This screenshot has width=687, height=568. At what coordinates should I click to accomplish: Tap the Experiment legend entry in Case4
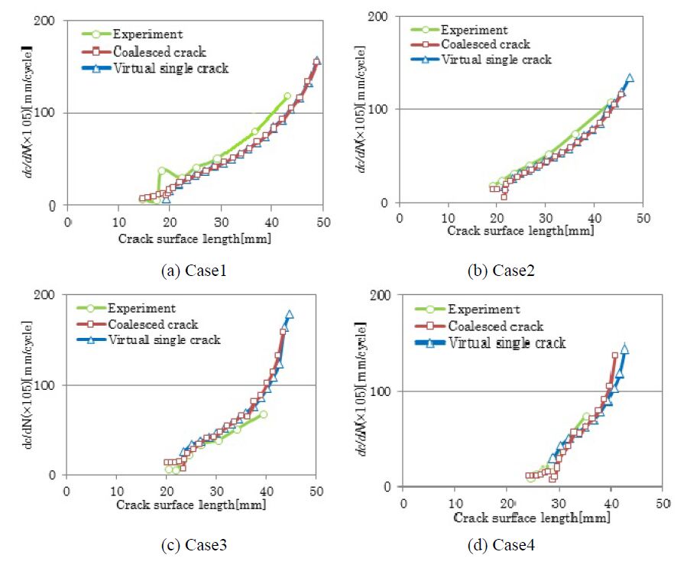pos(484,309)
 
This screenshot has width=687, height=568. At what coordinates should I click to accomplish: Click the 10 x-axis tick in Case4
pos(455,504)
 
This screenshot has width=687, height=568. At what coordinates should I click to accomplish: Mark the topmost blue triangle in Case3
pos(289,314)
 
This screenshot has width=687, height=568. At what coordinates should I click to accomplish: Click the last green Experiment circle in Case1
pos(287,96)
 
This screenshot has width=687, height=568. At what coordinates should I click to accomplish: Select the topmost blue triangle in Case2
pos(630,78)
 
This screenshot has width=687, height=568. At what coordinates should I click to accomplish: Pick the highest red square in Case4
pos(614,355)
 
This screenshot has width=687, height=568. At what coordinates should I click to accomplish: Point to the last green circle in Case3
pos(263,414)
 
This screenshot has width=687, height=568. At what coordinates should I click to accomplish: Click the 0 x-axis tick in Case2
pos(398,216)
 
